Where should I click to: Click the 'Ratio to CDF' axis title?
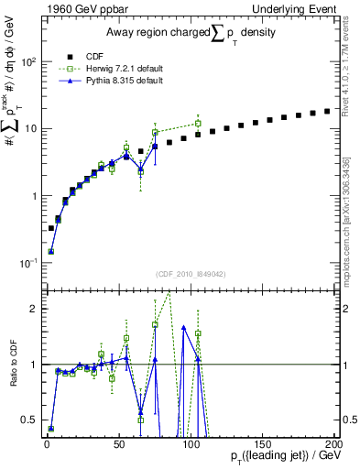(x=16, y=365)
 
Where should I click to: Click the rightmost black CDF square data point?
(x=327, y=112)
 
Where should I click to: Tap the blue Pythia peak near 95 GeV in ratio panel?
(x=184, y=327)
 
